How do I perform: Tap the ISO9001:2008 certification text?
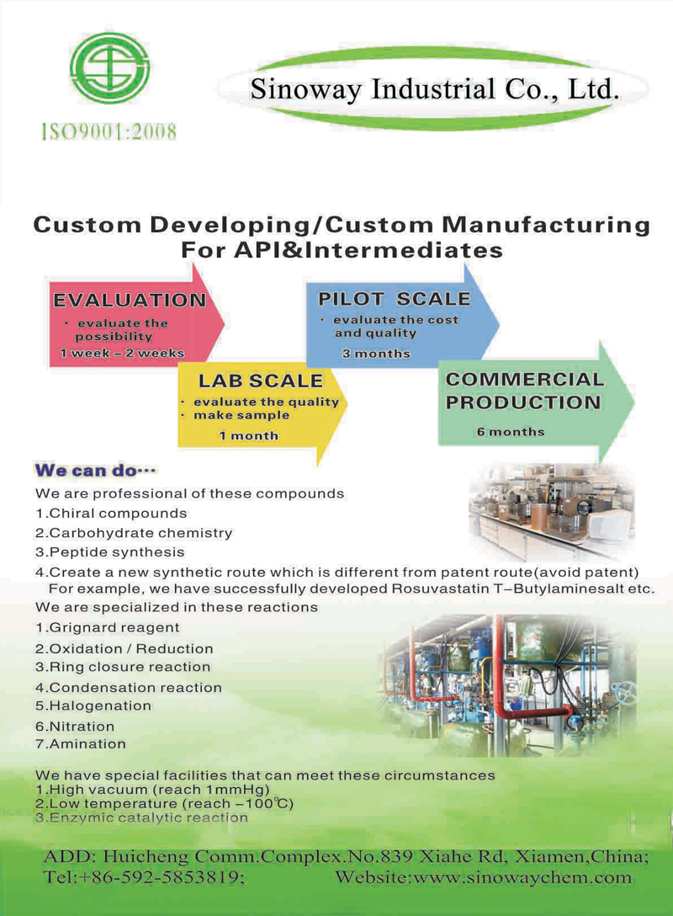click(x=109, y=132)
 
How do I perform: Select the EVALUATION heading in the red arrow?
click(x=130, y=301)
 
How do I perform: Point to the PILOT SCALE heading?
click(x=394, y=299)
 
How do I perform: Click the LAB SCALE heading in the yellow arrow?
click(x=260, y=381)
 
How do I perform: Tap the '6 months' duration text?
click(x=511, y=432)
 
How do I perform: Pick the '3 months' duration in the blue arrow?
click(x=377, y=354)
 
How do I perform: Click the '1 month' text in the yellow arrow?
click(x=249, y=436)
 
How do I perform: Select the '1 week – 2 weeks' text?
click(x=122, y=353)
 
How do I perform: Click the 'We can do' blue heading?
click(x=95, y=471)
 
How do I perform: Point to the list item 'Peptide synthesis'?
click(x=109, y=552)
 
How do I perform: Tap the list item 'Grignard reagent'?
click(x=108, y=627)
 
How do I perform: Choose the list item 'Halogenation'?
click(x=93, y=706)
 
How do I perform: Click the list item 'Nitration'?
click(x=75, y=726)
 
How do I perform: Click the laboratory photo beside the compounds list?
click(x=552, y=512)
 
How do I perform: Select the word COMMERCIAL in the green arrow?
click(x=525, y=379)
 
